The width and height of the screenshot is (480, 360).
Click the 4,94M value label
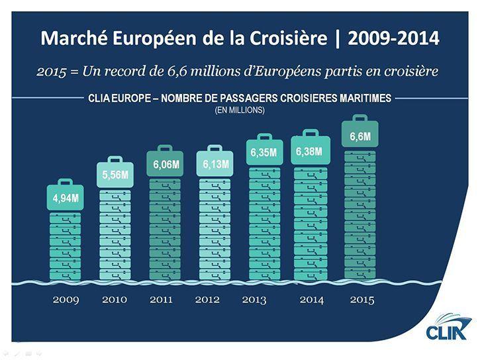[66, 198]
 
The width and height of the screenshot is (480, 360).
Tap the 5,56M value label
[115, 175]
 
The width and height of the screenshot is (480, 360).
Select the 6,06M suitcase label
[166, 163]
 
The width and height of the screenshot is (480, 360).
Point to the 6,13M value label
[215, 163]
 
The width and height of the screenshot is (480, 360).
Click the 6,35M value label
[264, 153]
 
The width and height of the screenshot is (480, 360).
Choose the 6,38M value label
[309, 152]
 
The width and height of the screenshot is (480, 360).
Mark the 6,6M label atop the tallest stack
[360, 137]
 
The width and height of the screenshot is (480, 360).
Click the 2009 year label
[66, 300]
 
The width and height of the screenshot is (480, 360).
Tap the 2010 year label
[115, 300]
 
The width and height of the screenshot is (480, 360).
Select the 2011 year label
[161, 300]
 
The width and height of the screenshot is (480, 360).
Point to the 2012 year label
[207, 300]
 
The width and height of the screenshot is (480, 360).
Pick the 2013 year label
[254, 300]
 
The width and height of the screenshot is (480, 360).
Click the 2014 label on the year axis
[311, 300]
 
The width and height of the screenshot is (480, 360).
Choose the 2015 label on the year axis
[361, 300]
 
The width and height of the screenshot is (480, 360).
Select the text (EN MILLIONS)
[240, 110]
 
